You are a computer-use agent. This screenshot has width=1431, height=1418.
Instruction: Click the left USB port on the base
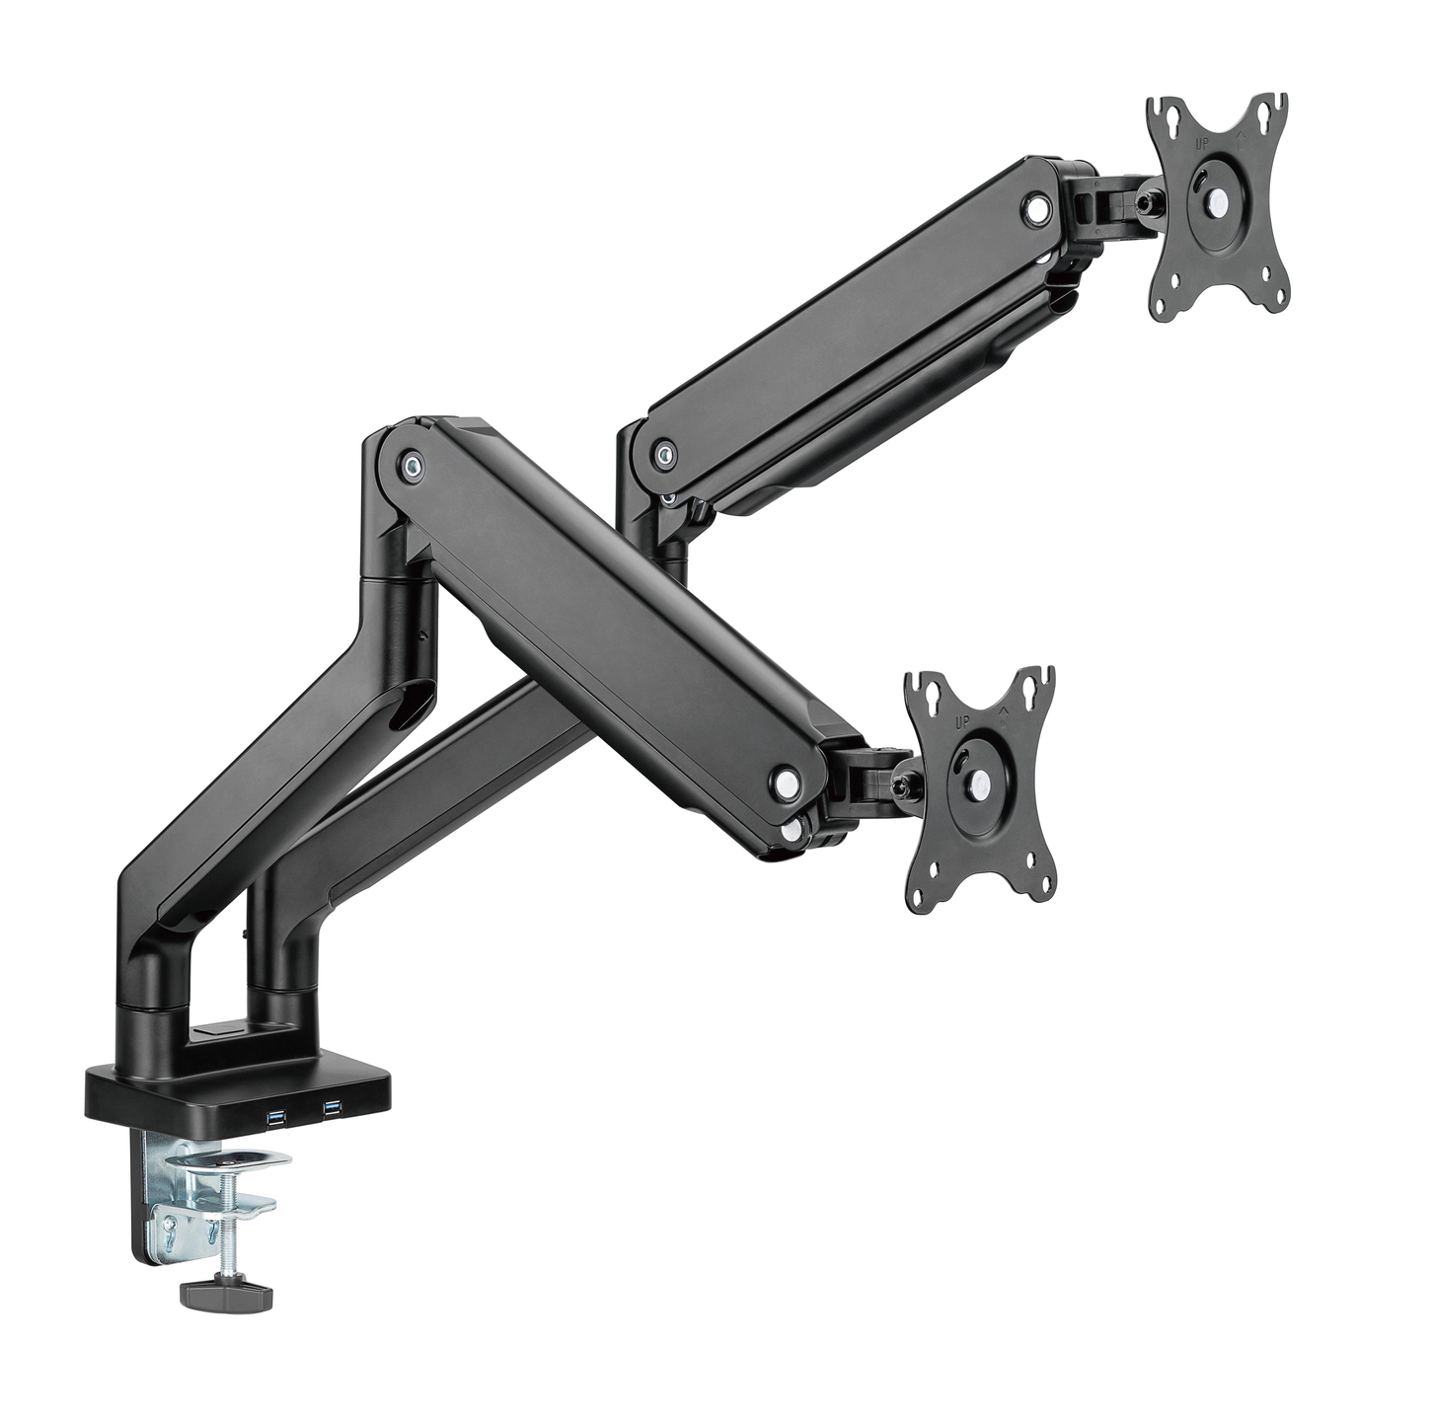point(273,1116)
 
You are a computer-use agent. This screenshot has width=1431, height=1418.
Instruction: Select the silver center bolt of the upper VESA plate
point(1221,200)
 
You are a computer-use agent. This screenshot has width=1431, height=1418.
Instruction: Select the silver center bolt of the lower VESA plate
point(979,780)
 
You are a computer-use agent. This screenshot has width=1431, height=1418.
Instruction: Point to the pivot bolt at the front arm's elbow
point(410,462)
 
